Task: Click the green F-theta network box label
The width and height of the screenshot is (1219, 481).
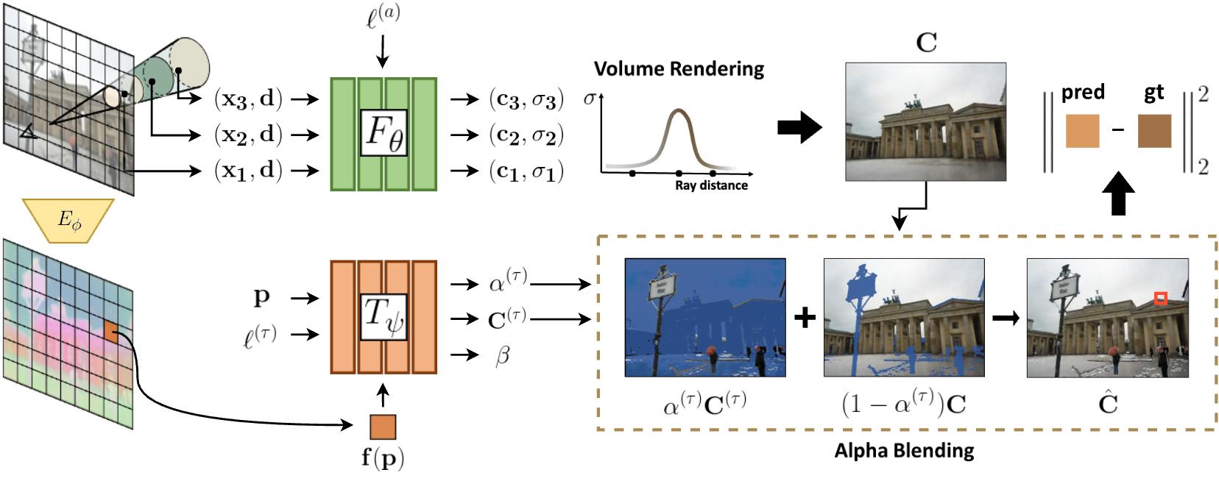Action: (384, 133)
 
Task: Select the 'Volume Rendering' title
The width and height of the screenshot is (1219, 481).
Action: (679, 69)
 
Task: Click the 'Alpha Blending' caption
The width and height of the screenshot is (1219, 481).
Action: (904, 450)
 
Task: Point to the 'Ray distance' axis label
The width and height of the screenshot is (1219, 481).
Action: (711, 185)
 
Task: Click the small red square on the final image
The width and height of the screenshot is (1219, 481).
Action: (1161, 298)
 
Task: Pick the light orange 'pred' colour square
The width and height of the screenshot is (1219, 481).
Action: (1082, 131)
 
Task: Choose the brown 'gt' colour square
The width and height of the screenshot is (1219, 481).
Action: (1154, 131)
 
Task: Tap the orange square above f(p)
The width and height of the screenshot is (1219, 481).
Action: (382, 427)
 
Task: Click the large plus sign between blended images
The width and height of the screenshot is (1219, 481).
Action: (805, 318)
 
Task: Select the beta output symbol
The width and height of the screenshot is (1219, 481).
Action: (502, 356)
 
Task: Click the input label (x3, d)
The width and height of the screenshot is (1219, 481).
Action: (248, 99)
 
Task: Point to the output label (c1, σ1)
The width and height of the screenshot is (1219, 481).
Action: (526, 171)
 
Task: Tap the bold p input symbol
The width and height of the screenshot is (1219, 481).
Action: (261, 297)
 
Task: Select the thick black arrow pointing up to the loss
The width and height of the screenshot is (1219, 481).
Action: (1118, 197)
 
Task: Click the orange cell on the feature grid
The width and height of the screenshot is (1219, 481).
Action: (110, 332)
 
